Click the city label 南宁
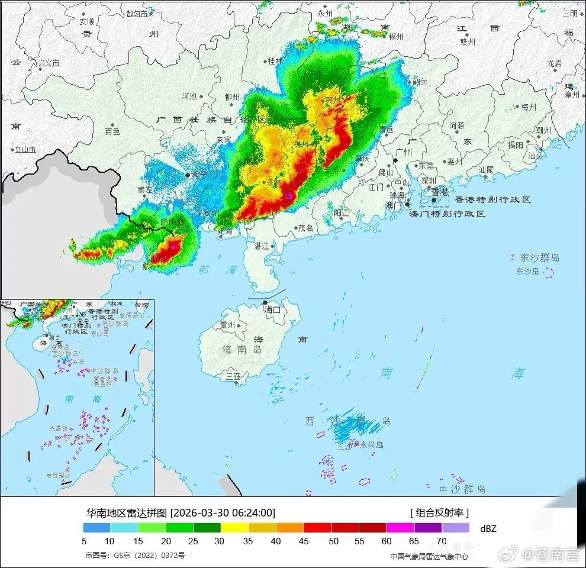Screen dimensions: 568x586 199,175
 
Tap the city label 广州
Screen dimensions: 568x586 407,153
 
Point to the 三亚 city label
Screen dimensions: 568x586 233,375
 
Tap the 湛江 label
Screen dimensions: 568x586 261,245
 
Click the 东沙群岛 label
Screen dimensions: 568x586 539,258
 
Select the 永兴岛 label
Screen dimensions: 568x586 371,445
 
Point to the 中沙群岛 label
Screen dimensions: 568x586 462,489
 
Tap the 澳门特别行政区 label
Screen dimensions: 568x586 447,214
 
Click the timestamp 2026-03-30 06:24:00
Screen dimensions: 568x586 223,512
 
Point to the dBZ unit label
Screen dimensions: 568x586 488,528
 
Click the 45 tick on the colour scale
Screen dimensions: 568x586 303,541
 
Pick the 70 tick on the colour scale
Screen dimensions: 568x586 441,541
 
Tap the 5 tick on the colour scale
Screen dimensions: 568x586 84,541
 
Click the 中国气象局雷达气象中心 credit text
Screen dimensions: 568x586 429,556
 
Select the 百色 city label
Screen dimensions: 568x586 112,131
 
